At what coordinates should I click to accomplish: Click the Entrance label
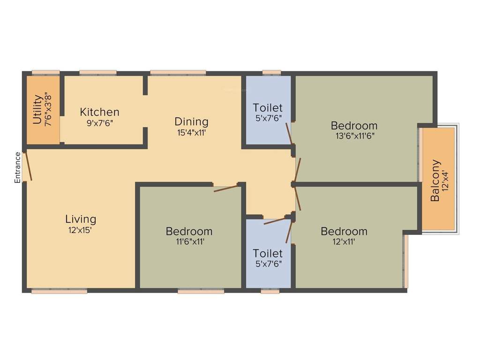point(17,167)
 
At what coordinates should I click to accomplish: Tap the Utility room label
point(37,110)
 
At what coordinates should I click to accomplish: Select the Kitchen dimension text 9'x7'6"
point(99,123)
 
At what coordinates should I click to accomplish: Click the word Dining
point(191,122)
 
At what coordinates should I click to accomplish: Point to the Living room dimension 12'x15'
point(81,230)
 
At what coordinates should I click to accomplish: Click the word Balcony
point(435,181)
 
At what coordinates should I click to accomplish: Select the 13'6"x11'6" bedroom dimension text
point(354,136)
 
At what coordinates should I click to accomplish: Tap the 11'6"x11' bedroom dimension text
point(189,242)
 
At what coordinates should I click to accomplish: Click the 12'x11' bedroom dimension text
point(344,242)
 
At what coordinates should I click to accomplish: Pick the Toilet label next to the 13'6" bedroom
point(268,107)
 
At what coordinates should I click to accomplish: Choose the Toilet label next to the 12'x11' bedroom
point(268,254)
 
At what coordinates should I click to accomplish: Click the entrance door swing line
point(29,165)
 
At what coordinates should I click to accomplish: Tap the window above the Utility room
point(45,72)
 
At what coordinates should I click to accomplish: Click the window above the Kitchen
point(97,72)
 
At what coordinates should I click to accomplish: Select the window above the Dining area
point(178,72)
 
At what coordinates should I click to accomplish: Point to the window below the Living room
point(59,291)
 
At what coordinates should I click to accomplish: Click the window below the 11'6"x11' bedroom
point(201,291)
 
